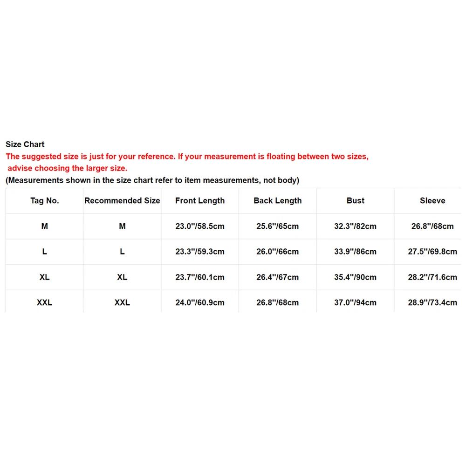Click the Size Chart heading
coord(25,144)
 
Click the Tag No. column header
coord(45,201)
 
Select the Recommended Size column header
coord(122,201)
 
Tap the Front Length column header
coord(200,201)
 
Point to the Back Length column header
coord(278,201)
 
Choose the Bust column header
coord(356,201)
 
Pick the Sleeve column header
coord(432,201)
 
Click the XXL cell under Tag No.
coord(45,302)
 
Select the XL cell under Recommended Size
coord(122,277)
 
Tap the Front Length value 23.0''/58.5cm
coord(200,226)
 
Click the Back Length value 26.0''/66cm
coord(278,252)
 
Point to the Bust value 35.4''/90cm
coord(356,277)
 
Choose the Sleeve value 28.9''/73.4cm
coord(432,302)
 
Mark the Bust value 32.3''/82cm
coord(356,226)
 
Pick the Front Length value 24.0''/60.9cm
coord(200,302)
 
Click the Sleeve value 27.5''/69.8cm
coord(432,252)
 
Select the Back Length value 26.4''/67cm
coord(278,277)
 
